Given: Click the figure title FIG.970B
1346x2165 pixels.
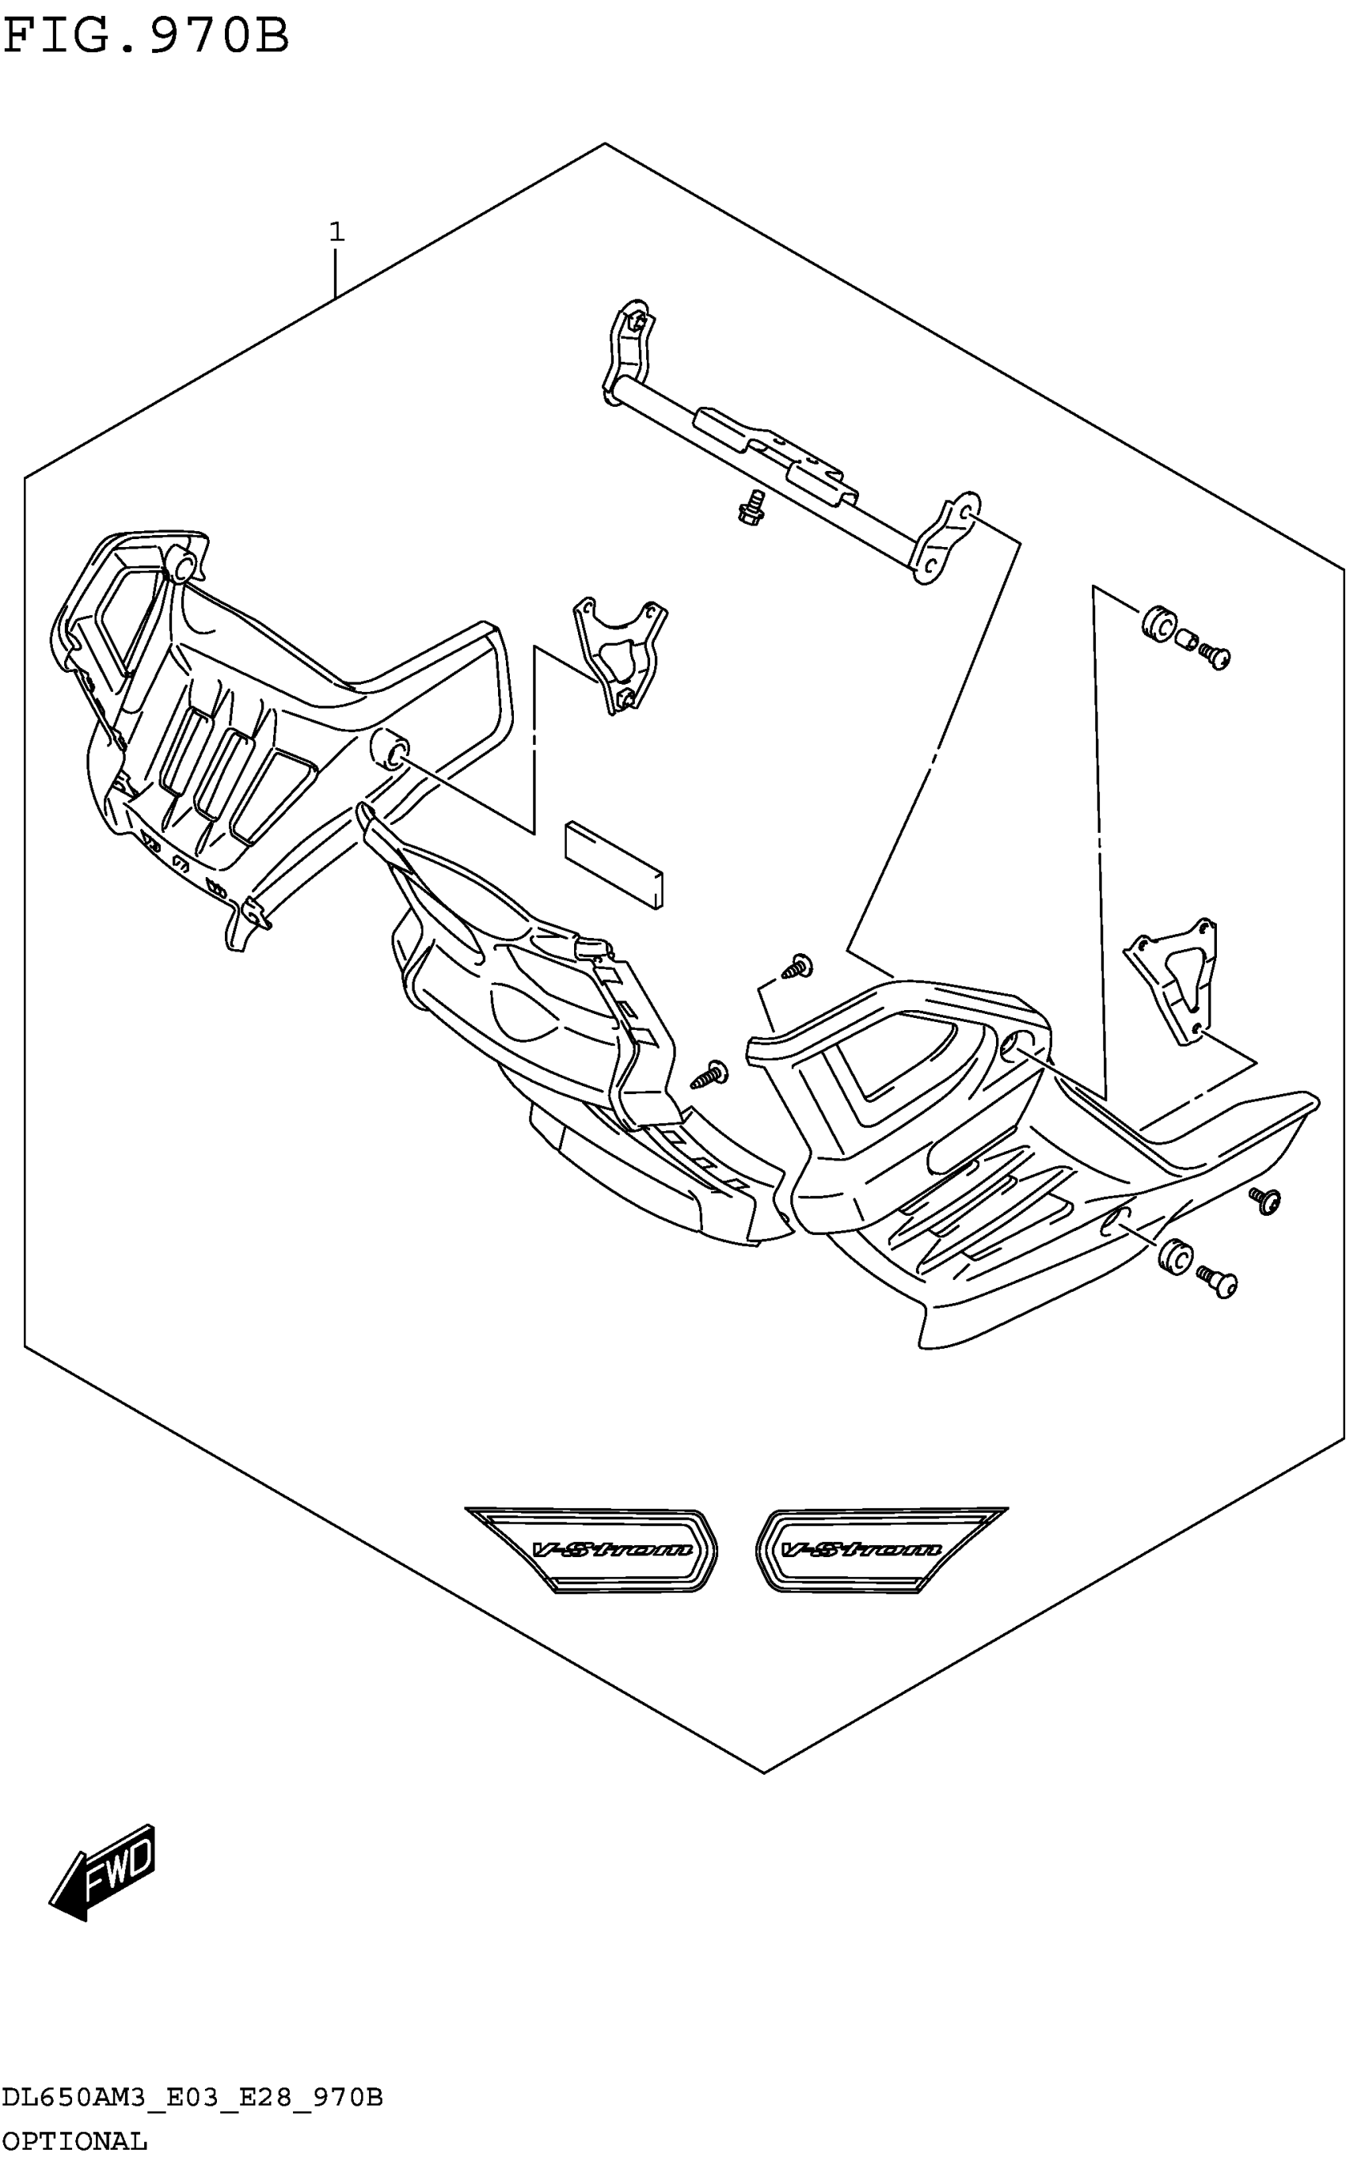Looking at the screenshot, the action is (147, 37).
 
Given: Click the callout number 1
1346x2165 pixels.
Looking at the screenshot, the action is (336, 232).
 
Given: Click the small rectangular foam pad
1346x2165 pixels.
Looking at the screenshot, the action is (614, 864).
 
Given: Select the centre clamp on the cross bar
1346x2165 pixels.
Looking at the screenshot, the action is (776, 453).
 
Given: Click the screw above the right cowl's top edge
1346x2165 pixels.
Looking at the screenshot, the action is (797, 966).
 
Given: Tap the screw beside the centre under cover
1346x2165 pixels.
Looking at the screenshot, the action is (710, 1074).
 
